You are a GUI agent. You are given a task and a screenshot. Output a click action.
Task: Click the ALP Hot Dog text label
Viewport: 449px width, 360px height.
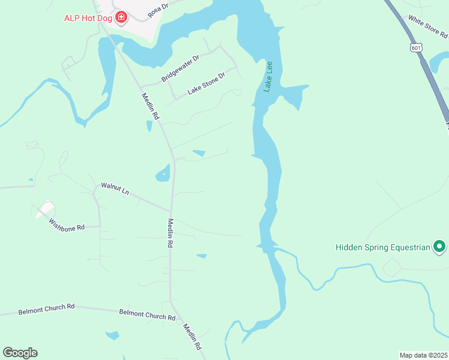pos(89,17)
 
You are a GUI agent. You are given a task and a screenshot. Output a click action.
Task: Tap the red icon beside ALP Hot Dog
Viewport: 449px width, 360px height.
pos(121,17)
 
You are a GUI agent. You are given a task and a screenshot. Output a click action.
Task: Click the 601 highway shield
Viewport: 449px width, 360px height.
pos(416,47)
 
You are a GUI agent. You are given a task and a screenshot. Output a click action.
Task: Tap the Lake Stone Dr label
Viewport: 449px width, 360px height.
pos(206,83)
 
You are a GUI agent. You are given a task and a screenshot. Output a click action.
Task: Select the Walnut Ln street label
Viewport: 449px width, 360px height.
pos(115,189)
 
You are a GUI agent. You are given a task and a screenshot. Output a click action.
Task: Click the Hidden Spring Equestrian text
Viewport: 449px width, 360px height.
pos(383,247)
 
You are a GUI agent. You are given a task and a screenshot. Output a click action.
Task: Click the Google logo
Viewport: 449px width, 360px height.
pos(20,353)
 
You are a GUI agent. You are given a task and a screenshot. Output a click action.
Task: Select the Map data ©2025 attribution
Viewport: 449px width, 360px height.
pos(423,355)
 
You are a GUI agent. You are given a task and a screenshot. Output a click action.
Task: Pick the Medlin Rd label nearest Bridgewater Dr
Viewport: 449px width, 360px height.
pos(150,106)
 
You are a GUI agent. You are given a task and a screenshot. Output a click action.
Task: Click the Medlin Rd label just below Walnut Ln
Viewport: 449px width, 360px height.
pos(170,233)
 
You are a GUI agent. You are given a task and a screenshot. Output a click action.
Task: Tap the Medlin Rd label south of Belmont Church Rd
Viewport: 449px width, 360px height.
pos(192,337)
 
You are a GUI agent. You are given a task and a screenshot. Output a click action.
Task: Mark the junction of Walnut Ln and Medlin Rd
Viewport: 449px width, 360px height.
pos(171,211)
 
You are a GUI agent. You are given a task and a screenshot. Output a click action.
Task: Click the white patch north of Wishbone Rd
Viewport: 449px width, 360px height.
pos(45,209)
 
